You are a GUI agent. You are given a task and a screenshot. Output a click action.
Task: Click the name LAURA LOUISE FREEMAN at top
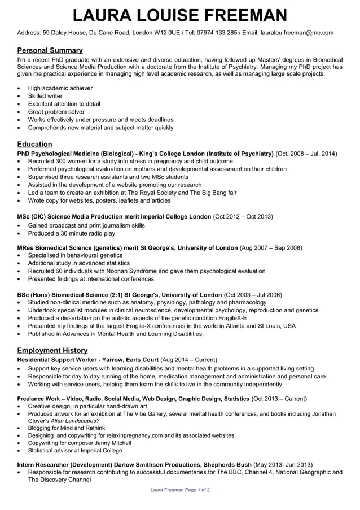179,15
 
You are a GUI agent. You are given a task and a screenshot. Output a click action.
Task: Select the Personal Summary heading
50,50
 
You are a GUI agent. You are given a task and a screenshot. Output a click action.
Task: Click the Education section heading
34,144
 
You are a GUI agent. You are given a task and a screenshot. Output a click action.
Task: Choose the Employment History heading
52,350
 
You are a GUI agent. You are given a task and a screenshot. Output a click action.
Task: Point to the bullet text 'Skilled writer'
45,96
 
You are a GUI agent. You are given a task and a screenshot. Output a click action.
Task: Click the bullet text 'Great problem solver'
56,112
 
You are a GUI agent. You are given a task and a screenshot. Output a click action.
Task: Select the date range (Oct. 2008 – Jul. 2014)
306,154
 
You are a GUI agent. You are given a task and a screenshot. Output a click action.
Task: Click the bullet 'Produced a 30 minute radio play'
71,233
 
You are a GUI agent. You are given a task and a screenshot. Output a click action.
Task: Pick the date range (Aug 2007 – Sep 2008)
271,247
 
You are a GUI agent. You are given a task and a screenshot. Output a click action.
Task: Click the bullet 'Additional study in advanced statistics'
78,263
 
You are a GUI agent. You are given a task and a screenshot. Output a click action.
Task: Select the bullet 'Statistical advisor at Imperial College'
75,451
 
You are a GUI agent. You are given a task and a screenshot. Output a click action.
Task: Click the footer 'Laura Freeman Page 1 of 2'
180,490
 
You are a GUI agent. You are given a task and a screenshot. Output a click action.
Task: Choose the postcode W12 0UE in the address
167,33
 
